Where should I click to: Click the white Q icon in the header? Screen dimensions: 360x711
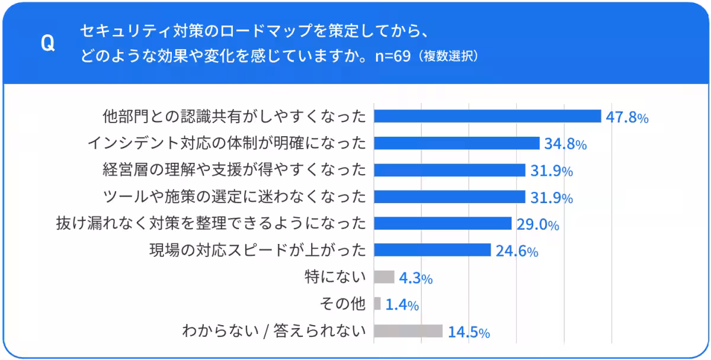[x=47, y=43]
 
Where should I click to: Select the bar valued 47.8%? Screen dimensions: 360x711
[x=487, y=116]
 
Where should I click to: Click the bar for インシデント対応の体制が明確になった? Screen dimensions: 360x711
[x=456, y=143]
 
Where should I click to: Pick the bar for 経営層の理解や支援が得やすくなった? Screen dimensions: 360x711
[x=449, y=171]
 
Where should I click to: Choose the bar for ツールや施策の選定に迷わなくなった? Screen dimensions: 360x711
[x=449, y=197]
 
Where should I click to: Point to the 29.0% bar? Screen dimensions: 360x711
[x=442, y=223]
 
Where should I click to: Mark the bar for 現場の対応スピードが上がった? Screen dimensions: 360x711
[x=432, y=250]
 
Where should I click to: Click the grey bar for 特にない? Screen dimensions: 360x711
[x=384, y=277]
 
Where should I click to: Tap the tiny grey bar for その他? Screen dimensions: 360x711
[x=377, y=304]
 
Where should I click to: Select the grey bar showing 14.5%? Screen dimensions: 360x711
[x=408, y=331]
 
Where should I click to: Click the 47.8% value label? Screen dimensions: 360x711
[x=627, y=117]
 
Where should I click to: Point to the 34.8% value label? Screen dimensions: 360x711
[x=565, y=144]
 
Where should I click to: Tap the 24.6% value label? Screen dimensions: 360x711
[x=517, y=251]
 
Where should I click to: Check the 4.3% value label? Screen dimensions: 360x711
[x=416, y=278]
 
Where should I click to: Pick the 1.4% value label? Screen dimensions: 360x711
[x=402, y=305]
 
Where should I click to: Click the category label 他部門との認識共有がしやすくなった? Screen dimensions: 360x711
[x=235, y=116]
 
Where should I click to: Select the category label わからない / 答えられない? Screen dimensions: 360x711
[x=274, y=331]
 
